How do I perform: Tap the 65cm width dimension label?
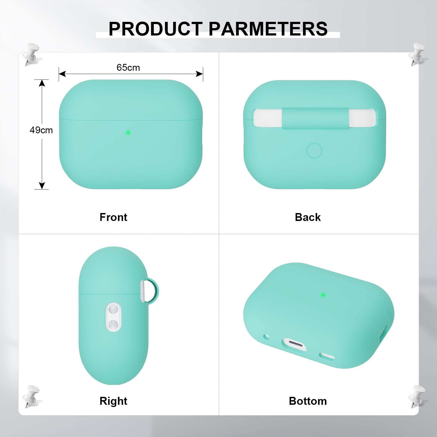point(128,67)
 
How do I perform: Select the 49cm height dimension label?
point(41,130)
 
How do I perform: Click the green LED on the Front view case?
point(128,133)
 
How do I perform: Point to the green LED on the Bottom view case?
point(323,295)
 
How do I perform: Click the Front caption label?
point(113,217)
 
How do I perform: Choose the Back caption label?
point(308,217)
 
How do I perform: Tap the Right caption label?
point(113,401)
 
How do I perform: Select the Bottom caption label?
point(308,401)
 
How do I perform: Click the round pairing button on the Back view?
point(314,150)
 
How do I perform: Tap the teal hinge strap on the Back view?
point(315,118)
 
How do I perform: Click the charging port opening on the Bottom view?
point(294,344)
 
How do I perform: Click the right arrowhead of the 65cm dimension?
point(200,74)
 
